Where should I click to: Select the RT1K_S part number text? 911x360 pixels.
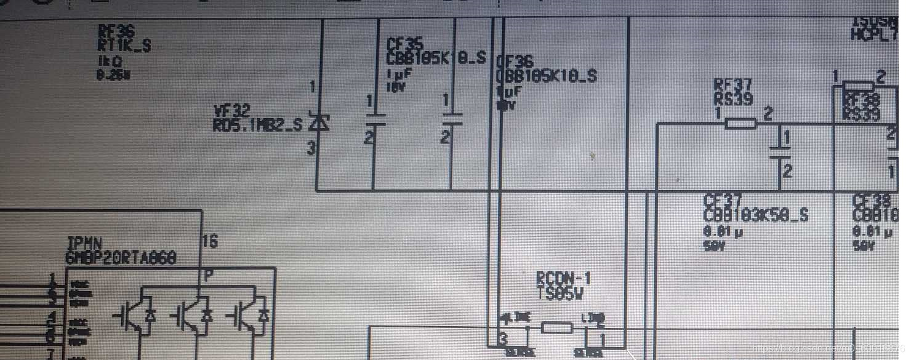125,46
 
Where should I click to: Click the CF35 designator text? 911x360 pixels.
404,44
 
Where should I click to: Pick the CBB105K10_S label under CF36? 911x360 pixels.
547,76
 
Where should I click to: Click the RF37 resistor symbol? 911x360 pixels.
740,124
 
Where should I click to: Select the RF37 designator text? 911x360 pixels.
732,84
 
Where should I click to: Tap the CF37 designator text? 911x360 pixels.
721,201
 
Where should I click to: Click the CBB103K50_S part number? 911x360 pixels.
755,215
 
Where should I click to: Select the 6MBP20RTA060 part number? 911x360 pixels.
121,258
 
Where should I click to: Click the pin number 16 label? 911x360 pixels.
209,242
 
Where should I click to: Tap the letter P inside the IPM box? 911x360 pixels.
209,276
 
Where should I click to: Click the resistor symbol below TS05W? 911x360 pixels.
556,327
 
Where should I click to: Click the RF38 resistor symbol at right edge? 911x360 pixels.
858,86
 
